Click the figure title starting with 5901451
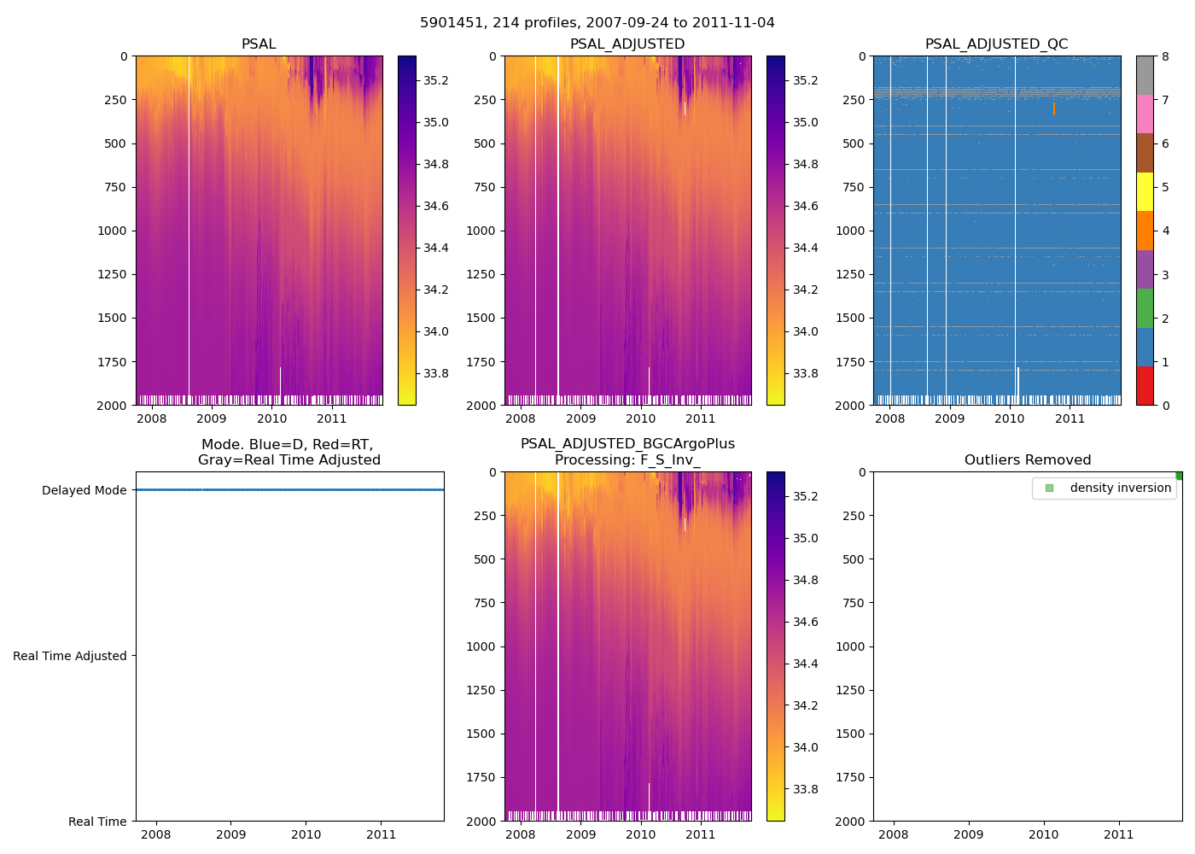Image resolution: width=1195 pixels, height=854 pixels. [597, 23]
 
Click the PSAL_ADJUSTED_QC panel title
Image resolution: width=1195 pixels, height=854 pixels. [996, 44]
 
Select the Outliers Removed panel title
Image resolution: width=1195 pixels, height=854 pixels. [1028, 460]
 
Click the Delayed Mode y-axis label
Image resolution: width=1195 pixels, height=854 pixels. [84, 490]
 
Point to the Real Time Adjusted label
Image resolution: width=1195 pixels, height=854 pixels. [70, 656]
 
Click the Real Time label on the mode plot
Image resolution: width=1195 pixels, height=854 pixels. [97, 822]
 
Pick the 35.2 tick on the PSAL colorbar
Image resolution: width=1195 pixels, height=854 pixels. [436, 80]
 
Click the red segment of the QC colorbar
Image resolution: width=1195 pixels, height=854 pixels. [1145, 385]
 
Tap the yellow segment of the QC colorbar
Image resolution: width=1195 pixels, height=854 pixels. [1145, 191]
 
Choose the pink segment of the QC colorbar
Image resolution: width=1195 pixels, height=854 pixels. [1145, 114]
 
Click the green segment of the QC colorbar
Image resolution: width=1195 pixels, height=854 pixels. [1145, 307]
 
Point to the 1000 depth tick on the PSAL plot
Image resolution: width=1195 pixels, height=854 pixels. [112, 231]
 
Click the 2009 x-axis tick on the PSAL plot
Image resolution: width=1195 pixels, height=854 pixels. [212, 418]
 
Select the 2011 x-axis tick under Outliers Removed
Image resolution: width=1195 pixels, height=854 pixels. [1119, 834]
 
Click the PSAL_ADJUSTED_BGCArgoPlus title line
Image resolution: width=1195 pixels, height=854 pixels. [627, 444]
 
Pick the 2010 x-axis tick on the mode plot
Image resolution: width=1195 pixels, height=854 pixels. [306, 834]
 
